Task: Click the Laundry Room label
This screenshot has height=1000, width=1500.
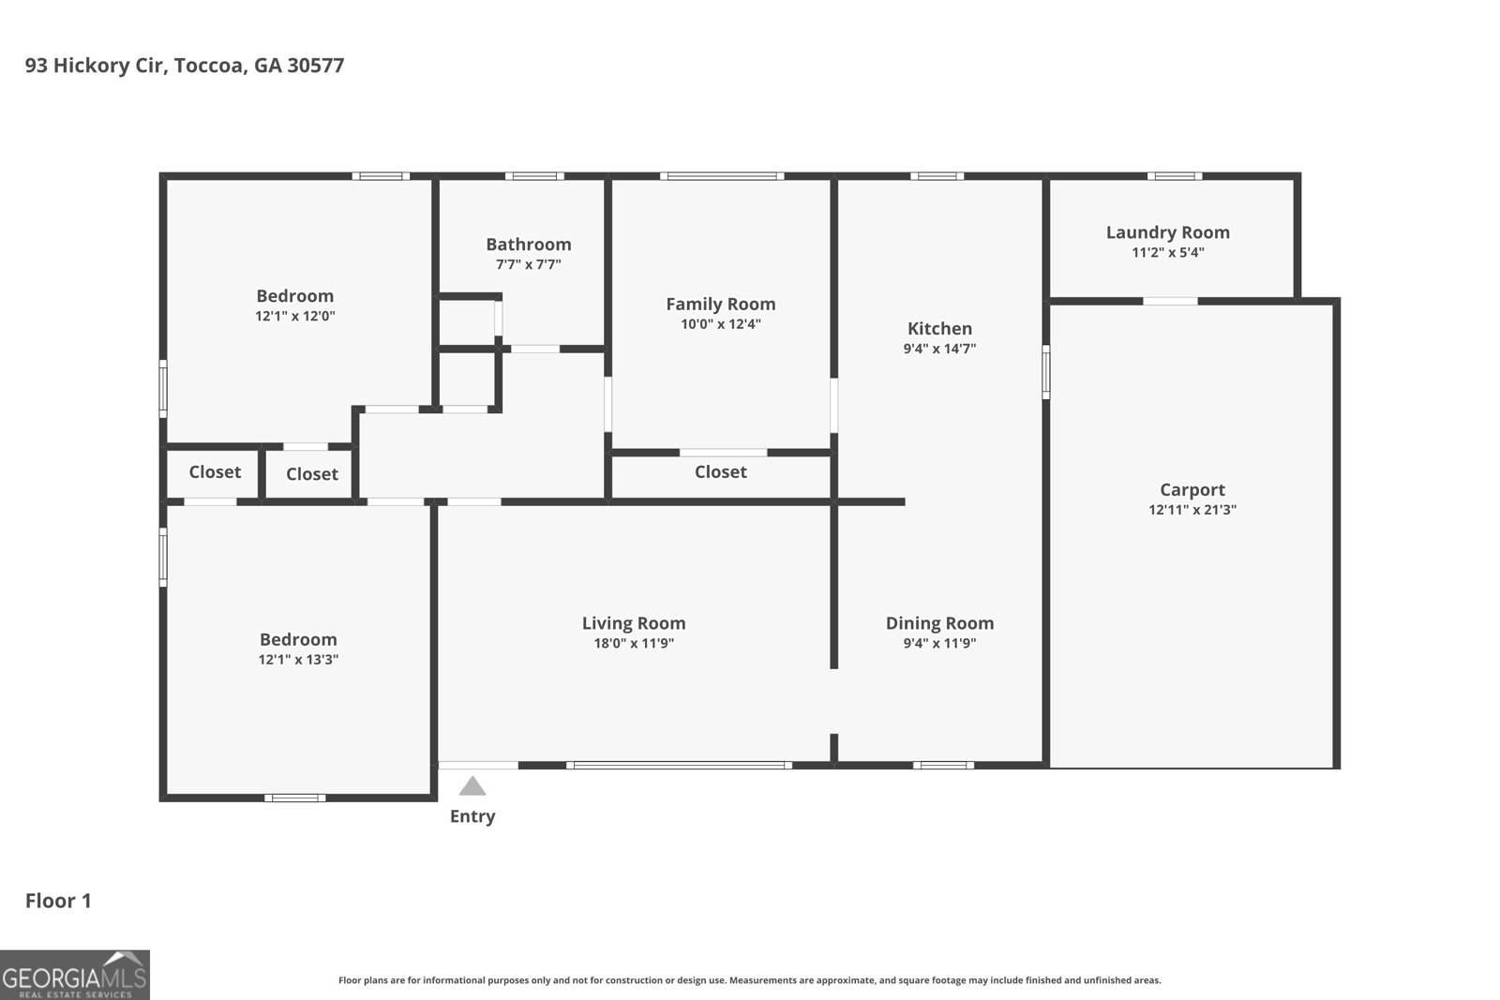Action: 1167,232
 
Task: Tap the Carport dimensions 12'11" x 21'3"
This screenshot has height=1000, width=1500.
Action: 1192,510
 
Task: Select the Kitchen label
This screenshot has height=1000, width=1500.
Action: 939,328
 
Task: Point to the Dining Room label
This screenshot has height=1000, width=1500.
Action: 939,623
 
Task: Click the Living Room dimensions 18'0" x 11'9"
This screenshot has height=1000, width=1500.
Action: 634,644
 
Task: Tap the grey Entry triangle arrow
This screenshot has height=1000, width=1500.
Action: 472,787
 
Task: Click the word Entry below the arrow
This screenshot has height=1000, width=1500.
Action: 472,816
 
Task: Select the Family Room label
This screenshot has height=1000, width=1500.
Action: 720,304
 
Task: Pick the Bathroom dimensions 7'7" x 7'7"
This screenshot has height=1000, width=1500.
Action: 529,265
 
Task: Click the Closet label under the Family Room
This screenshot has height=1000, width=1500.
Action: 720,472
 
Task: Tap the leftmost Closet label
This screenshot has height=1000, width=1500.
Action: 215,472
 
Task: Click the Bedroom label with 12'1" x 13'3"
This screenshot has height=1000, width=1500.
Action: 298,639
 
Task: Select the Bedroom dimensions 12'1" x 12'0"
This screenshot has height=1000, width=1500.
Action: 294,317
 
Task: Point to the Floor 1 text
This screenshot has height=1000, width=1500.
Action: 58,901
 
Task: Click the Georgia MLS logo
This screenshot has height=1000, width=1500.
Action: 74,975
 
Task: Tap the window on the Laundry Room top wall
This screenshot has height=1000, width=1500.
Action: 1175,176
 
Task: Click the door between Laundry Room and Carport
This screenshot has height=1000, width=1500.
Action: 1170,301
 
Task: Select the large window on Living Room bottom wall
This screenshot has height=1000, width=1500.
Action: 679,766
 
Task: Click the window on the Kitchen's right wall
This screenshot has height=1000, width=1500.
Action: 1045,371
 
